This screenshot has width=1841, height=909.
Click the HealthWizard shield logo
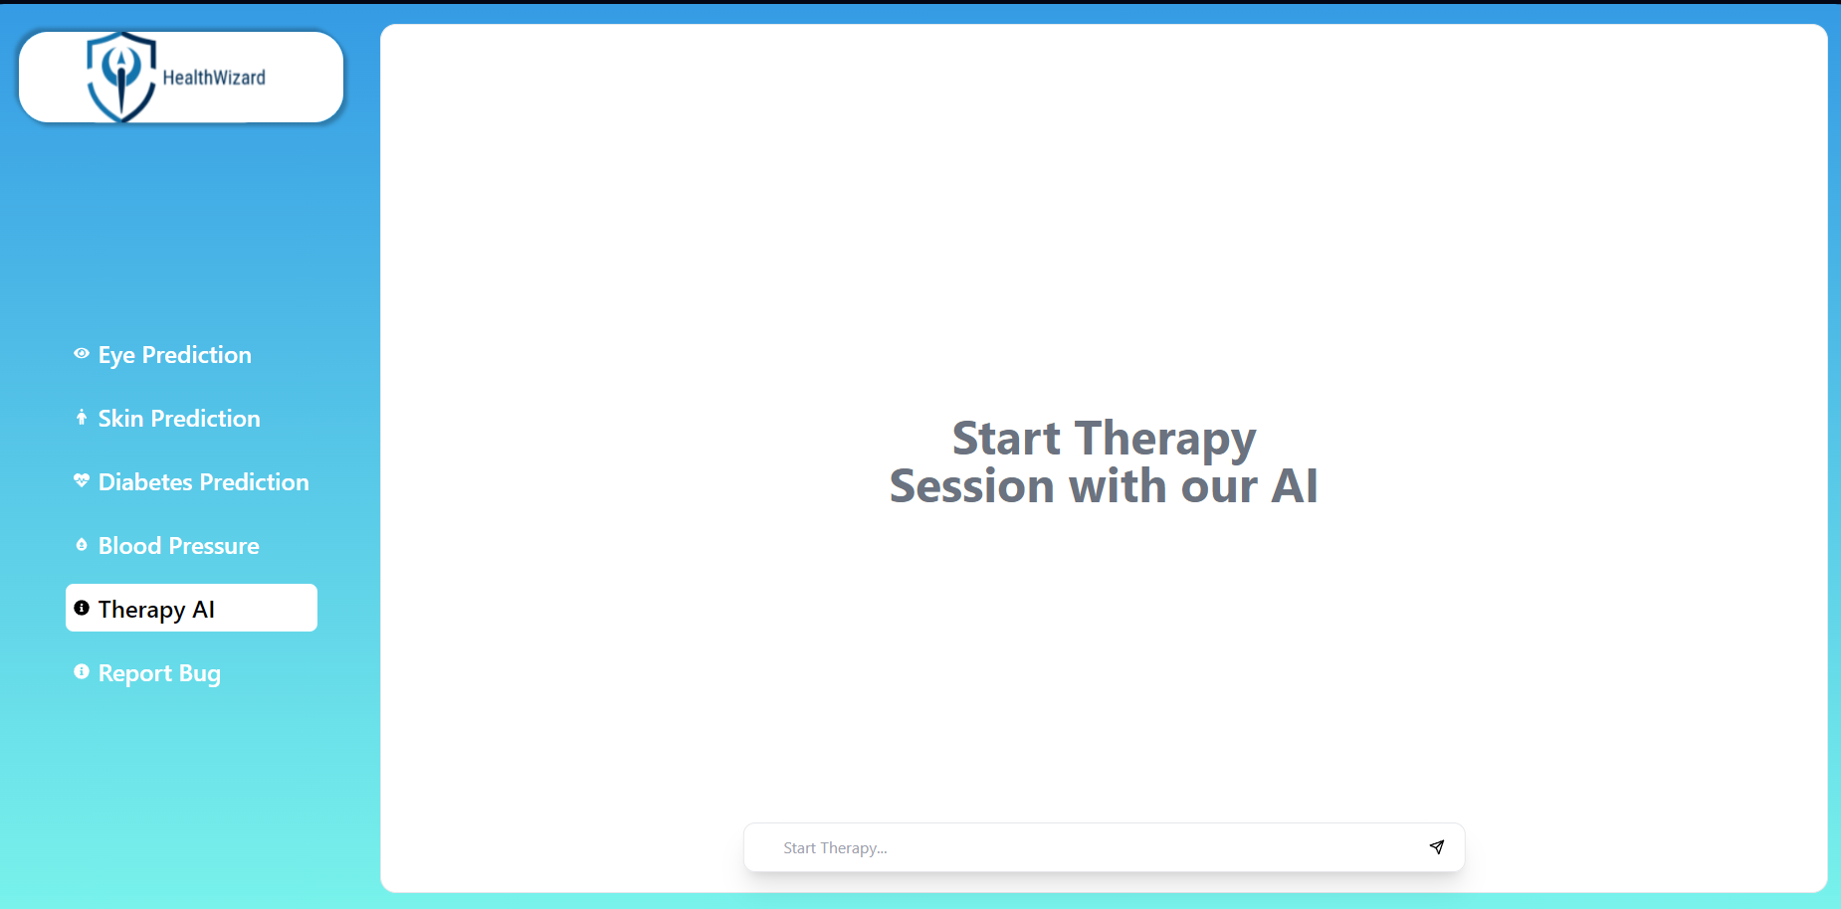tap(121, 77)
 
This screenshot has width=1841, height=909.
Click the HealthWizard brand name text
tap(214, 78)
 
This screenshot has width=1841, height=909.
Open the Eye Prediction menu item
tap(175, 355)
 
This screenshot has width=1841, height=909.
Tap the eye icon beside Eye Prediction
tap(82, 353)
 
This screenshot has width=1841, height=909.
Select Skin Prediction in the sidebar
tap(179, 419)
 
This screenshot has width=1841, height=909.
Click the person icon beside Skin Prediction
tap(82, 417)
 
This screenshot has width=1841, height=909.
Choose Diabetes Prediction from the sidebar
tap(204, 482)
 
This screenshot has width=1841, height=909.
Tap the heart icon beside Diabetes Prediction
tap(82, 480)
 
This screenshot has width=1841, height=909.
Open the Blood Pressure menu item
tap(179, 546)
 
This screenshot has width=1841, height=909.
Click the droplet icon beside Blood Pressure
tap(82, 544)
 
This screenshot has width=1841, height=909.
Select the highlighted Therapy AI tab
tap(191, 608)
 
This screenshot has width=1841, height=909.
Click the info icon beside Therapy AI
tap(82, 608)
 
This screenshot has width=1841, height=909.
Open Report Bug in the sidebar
tap(159, 674)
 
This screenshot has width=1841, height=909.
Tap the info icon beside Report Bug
tap(82, 671)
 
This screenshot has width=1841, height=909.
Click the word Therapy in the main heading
tap(1166, 441)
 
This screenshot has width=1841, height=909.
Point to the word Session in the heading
tap(972, 486)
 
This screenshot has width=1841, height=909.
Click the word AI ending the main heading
tap(1295, 486)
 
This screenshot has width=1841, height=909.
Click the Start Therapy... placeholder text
tap(835, 848)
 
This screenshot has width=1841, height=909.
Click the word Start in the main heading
tap(1006, 439)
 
